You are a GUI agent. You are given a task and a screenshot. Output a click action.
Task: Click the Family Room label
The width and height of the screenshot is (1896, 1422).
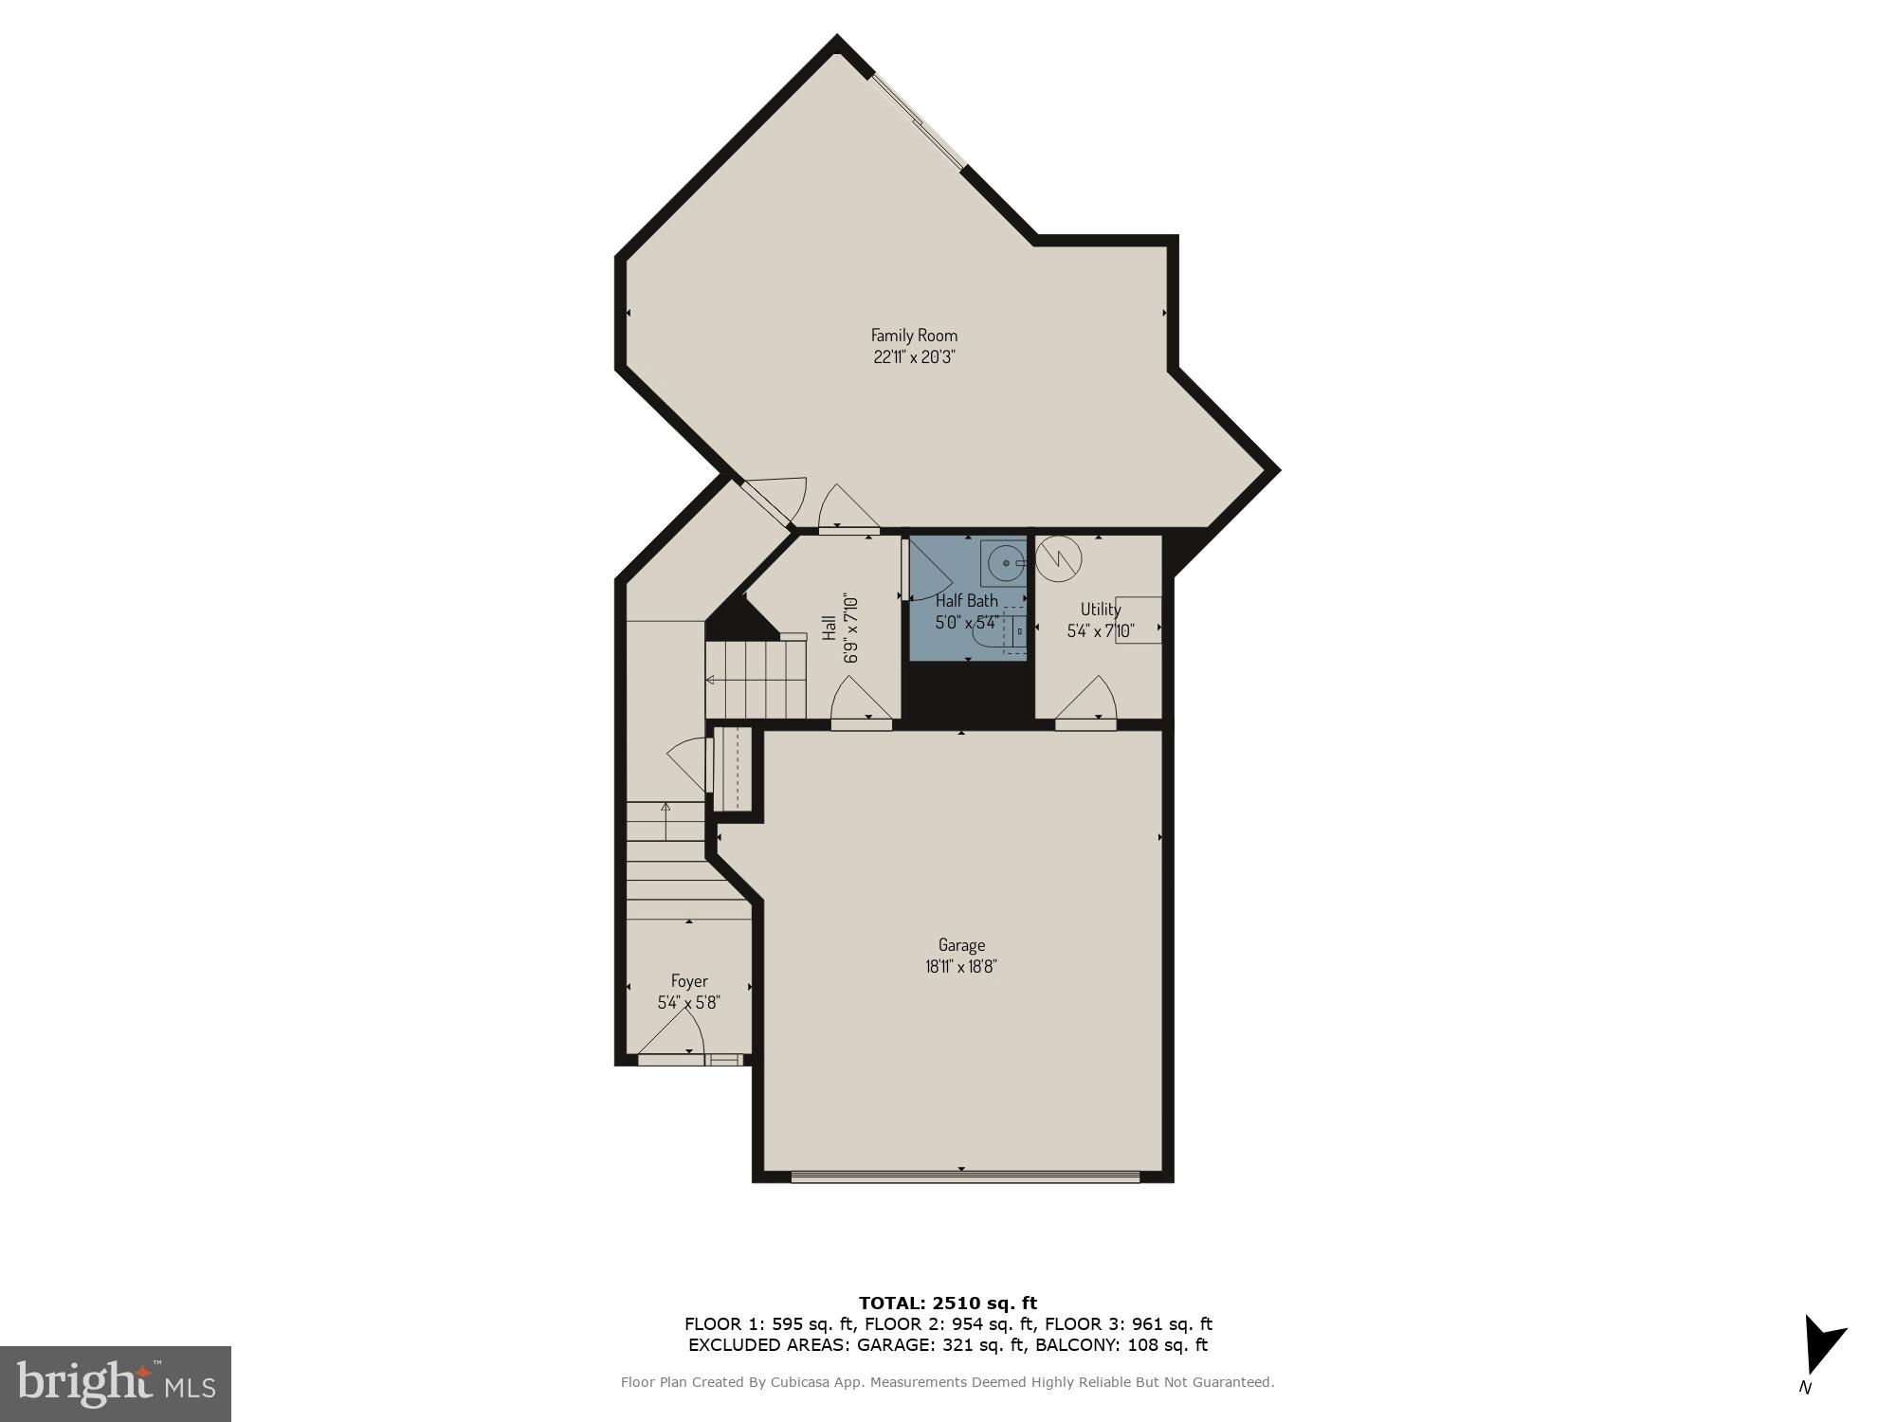coord(914,335)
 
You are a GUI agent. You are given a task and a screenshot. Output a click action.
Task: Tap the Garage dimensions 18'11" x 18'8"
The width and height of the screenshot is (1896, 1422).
coord(961,967)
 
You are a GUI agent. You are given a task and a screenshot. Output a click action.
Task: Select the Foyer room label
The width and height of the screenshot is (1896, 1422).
coord(689,981)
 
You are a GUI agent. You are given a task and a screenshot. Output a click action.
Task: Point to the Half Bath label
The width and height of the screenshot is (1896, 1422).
coord(966,600)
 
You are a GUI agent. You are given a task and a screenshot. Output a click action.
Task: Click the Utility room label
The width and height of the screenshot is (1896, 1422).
coord(1100,610)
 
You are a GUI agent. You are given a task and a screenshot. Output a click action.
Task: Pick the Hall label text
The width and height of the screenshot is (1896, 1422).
coord(829,628)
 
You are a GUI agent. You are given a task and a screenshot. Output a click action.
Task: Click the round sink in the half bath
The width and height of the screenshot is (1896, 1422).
coord(1004,564)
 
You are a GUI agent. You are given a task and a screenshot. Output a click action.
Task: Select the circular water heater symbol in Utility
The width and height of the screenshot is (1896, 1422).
coord(1058,559)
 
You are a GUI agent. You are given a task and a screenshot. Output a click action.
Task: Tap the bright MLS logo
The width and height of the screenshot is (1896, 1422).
coord(116,1384)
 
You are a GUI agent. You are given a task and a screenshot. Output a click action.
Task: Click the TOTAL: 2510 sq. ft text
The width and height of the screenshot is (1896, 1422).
coord(947,1303)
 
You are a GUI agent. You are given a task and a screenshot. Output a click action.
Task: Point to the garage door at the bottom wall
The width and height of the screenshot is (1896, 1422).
coord(964,1177)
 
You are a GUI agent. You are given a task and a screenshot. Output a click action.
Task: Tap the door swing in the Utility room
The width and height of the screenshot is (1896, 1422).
coord(1088,702)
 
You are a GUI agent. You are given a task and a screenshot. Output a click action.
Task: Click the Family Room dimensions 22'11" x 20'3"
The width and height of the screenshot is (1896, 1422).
coord(914,357)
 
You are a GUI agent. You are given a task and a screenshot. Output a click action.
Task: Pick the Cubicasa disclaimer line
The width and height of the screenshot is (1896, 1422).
coord(947,1382)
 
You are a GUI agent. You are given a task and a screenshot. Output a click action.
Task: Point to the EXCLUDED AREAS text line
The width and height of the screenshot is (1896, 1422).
coord(947,1344)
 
